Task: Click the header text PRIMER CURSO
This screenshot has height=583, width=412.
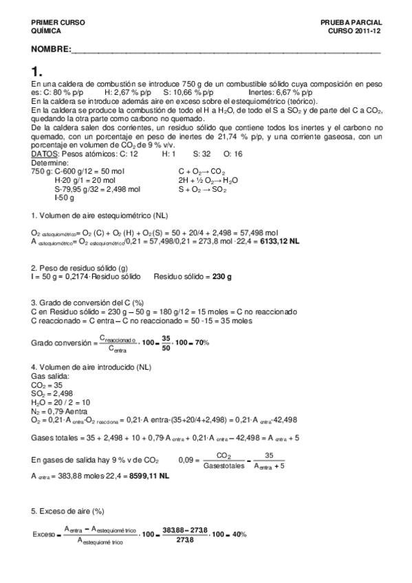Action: (x=58, y=23)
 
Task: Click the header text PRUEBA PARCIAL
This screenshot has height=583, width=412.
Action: (x=350, y=23)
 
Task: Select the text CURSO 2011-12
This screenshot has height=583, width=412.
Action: (x=354, y=31)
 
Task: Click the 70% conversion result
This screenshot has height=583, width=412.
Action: (x=199, y=342)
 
